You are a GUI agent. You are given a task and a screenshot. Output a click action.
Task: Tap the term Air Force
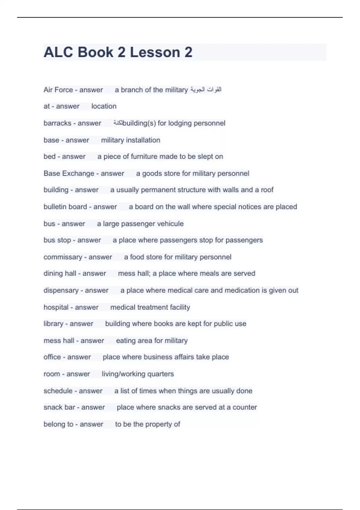[x=58, y=90]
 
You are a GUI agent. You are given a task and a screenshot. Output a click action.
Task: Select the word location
[x=104, y=106]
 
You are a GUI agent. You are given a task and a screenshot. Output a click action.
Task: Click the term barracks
[x=57, y=123]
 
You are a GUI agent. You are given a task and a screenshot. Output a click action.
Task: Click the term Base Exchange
[x=69, y=173]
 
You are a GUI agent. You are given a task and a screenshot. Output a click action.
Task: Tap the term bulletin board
[x=65, y=207]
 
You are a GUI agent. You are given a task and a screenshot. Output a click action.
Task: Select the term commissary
[x=63, y=257]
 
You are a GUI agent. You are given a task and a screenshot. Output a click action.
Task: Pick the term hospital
[x=56, y=307]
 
